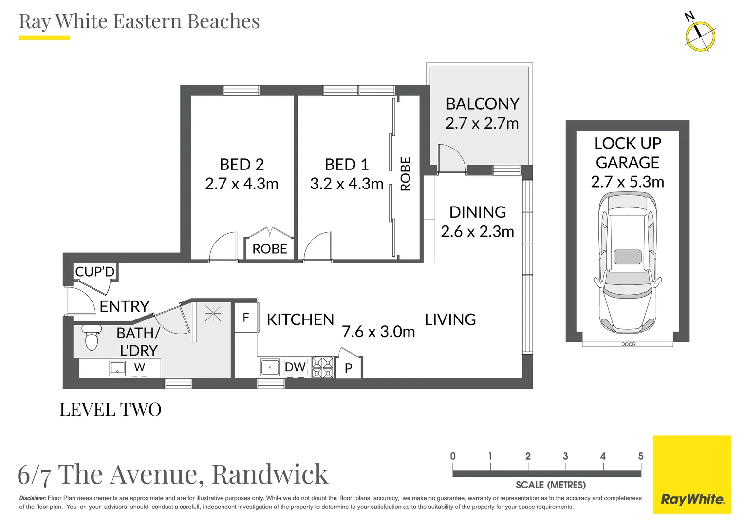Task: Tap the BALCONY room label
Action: (482, 104)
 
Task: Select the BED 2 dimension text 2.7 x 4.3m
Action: (242, 184)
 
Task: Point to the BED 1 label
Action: (346, 165)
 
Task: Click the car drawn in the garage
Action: (628, 263)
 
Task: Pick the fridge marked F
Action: (246, 318)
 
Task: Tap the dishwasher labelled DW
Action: (295, 367)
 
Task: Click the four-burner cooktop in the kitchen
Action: (322, 368)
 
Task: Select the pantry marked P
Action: (349, 368)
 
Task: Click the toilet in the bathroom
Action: (92, 337)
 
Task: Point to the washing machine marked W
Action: (139, 368)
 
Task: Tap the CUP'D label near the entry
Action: (95, 271)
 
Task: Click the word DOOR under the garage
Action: (628, 344)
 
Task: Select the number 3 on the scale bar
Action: (565, 456)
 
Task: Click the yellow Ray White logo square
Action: (692, 474)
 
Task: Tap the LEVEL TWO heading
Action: (110, 410)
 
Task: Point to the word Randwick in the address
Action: (270, 474)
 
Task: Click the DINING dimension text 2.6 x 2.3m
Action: (477, 232)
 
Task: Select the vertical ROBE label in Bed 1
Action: (406, 174)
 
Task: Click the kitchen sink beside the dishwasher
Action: (270, 367)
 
